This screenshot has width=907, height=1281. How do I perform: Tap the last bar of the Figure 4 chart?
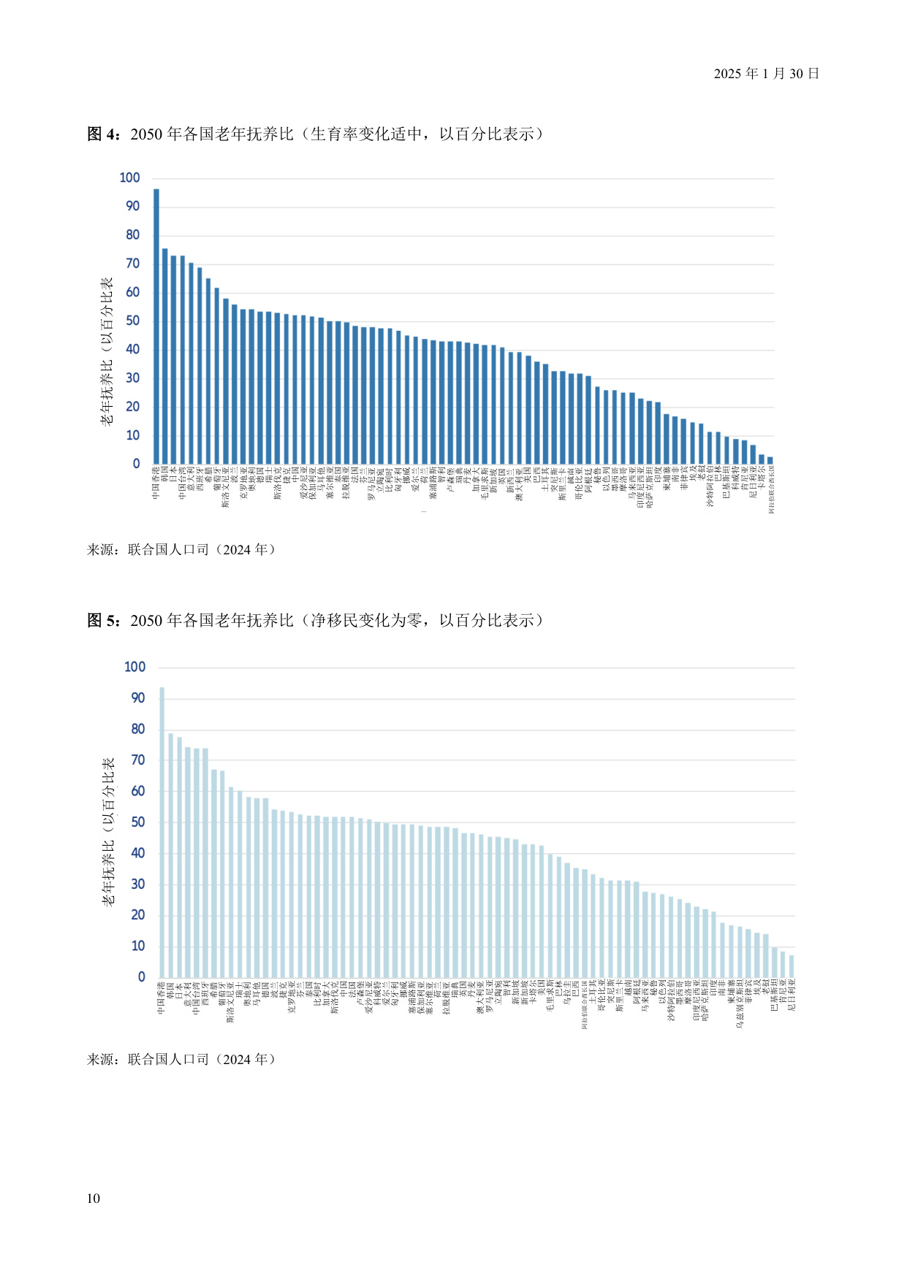coord(770,461)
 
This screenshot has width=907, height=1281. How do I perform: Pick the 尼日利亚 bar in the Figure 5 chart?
coord(792,966)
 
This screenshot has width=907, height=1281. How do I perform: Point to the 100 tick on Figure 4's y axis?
coord(129,177)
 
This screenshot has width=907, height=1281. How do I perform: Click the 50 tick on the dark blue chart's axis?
coord(132,321)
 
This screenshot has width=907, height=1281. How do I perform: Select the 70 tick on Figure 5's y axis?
coord(137,760)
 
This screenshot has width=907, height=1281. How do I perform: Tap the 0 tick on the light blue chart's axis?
coord(141,976)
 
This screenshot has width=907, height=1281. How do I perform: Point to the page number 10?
coord(93,1198)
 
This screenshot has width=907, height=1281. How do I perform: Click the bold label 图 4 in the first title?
coord(103,134)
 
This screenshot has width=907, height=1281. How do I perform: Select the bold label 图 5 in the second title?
coord(103,621)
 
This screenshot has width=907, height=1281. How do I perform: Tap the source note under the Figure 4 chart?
coord(181,550)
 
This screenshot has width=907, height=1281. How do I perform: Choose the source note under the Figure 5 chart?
coord(181,1060)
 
